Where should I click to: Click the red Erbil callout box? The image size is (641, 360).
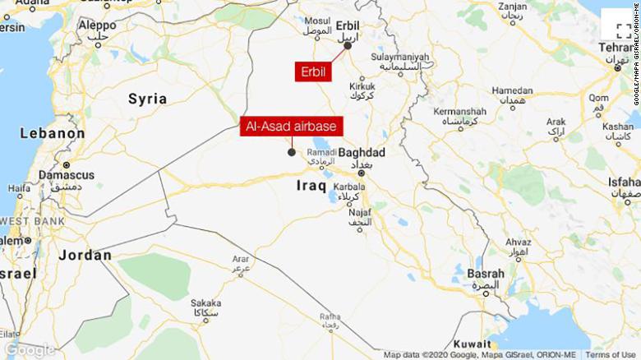[313, 72]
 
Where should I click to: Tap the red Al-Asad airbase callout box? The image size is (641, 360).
[292, 127]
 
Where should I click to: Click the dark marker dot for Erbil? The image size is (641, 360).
[348, 46]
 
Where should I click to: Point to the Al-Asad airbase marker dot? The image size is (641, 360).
[292, 151]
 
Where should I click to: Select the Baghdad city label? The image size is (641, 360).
[362, 153]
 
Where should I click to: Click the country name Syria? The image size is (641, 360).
[147, 99]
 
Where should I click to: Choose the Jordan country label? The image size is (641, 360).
[85, 256]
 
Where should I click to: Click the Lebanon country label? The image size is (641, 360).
[52, 133]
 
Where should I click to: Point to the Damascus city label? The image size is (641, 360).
[66, 175]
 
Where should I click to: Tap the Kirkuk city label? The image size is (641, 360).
[362, 86]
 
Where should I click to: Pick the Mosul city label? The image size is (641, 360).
[317, 21]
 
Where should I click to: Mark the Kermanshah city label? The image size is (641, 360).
[459, 111]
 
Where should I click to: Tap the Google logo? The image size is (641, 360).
[30, 349]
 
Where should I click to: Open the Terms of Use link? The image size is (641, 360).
[609, 355]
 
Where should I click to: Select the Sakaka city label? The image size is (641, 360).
[205, 302]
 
